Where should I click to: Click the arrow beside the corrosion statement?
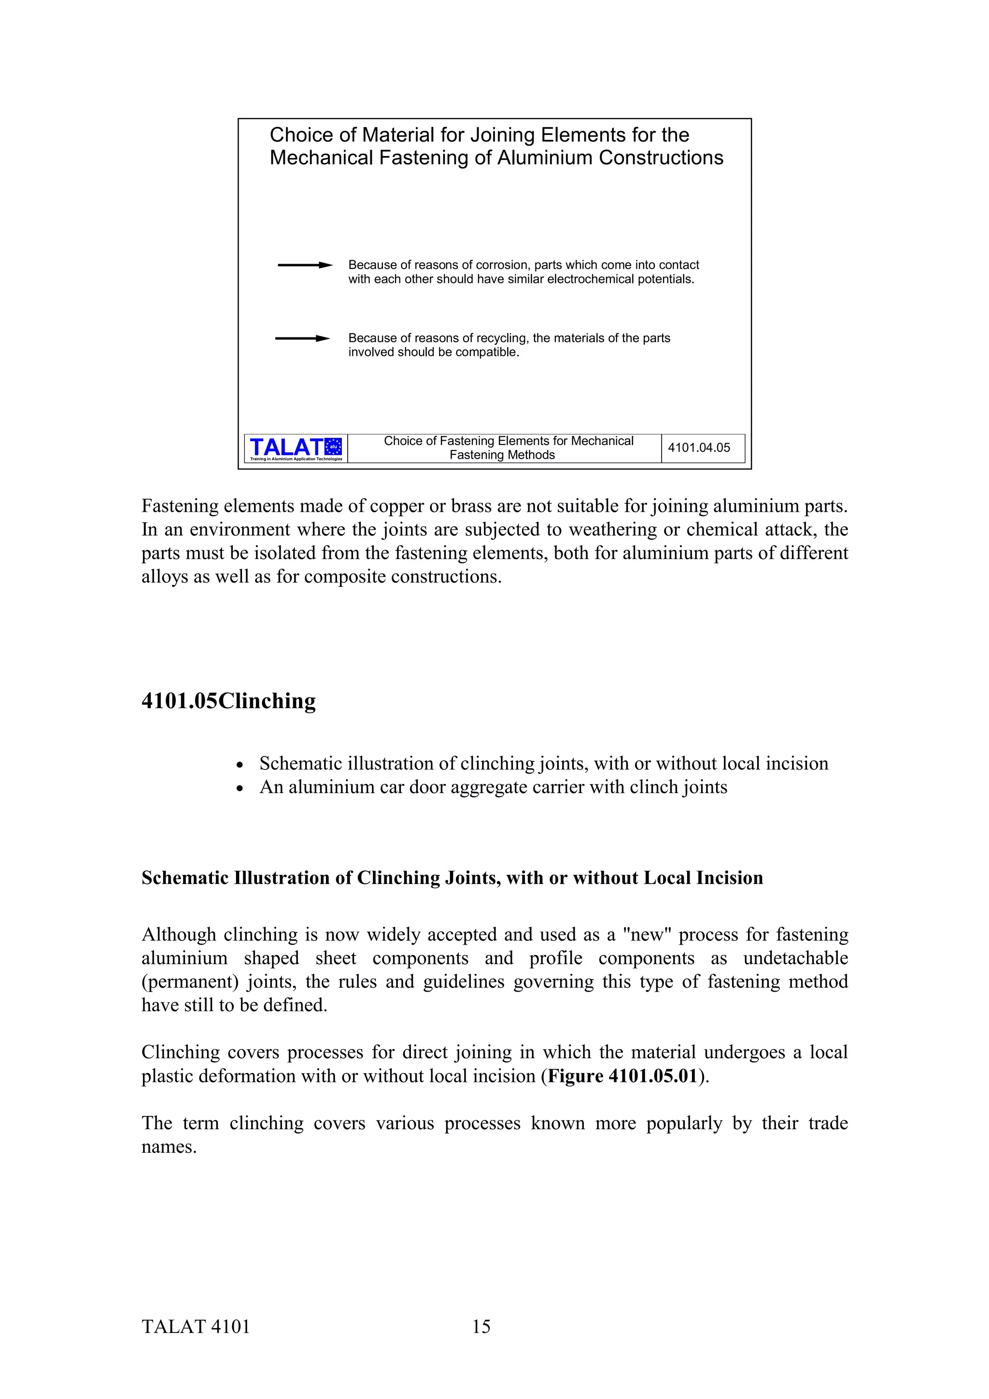pyautogui.click(x=305, y=265)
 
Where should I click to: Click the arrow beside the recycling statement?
pyautogui.click(x=302, y=338)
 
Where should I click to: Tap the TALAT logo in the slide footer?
pyautogui.click(x=296, y=448)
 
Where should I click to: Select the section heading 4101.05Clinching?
pyautogui.click(x=228, y=701)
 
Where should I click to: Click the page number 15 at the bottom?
pyautogui.click(x=481, y=1327)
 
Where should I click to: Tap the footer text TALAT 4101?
pyautogui.click(x=196, y=1327)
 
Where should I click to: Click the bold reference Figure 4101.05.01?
pyautogui.click(x=622, y=1076)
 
